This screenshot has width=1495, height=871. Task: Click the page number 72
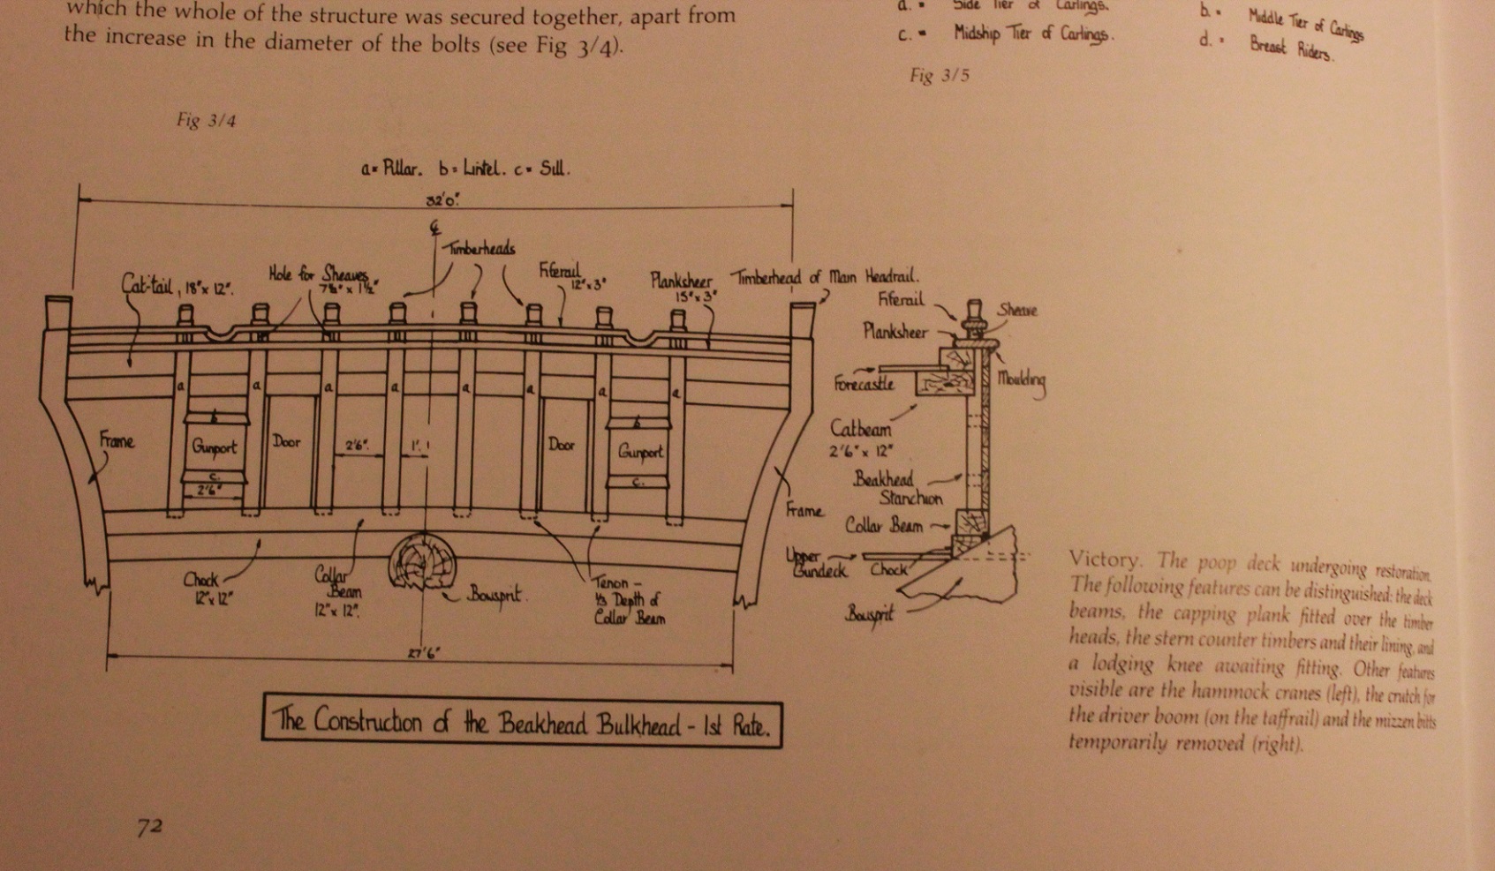point(149,827)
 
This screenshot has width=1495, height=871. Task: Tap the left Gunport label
point(215,447)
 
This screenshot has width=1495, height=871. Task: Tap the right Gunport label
point(639,452)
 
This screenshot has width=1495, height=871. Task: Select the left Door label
point(286,441)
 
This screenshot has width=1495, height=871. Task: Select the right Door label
point(562,444)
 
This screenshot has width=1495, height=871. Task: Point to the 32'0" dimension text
point(442,200)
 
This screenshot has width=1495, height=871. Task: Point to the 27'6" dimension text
point(424,654)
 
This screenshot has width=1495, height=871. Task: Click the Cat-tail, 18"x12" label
point(177,286)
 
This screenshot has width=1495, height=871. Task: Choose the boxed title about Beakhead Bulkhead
point(522,723)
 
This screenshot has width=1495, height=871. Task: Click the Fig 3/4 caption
point(206,120)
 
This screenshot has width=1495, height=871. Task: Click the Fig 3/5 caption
point(940,75)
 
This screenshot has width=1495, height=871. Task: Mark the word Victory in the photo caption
point(1103,559)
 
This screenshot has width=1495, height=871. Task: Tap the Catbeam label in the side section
point(860,429)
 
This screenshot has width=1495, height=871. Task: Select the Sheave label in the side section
point(1017,310)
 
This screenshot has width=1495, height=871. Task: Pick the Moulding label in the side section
point(1022,380)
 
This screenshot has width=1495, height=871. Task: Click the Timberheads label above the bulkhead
point(478,249)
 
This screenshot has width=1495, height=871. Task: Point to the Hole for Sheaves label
point(317,274)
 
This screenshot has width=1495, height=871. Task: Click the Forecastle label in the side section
point(864,383)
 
